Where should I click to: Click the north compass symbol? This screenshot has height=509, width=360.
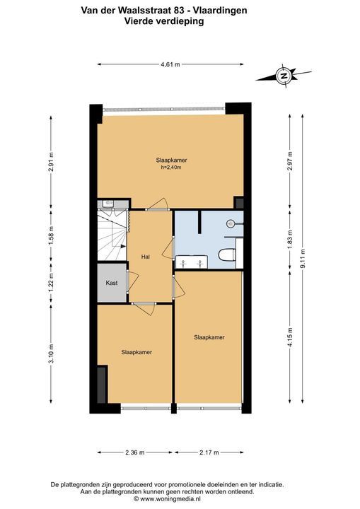pyautogui.click(x=284, y=76)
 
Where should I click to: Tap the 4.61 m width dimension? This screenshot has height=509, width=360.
pyautogui.click(x=170, y=64)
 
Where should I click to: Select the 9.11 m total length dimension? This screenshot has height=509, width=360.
pyautogui.click(x=303, y=259)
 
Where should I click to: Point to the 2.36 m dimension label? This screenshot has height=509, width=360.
pyautogui.click(x=135, y=452)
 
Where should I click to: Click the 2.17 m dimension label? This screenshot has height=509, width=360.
pyautogui.click(x=209, y=452)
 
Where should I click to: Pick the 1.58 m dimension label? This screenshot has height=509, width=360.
pyautogui.click(x=51, y=235)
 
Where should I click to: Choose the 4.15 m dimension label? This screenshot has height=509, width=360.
pyautogui.click(x=290, y=338)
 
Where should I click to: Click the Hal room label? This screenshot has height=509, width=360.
pyautogui.click(x=145, y=257)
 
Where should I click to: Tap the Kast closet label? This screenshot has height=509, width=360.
pyautogui.click(x=112, y=283)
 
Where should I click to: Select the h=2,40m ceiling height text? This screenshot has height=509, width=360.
pyautogui.click(x=171, y=168)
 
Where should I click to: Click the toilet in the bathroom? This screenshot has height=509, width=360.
pyautogui.click(x=227, y=255)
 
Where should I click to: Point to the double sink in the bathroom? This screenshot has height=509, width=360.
pyautogui.click(x=192, y=262)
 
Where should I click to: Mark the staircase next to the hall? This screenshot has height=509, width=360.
pyautogui.click(x=112, y=235)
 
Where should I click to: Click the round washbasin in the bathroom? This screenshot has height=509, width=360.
pyautogui.click(x=231, y=223)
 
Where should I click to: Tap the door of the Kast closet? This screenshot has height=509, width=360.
pyautogui.click(x=132, y=281)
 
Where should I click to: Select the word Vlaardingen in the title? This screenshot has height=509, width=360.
pyautogui.click(x=220, y=11)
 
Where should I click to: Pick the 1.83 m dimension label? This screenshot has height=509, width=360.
pyautogui.click(x=290, y=239)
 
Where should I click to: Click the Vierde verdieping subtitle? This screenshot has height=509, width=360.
pyautogui.click(x=164, y=21)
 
